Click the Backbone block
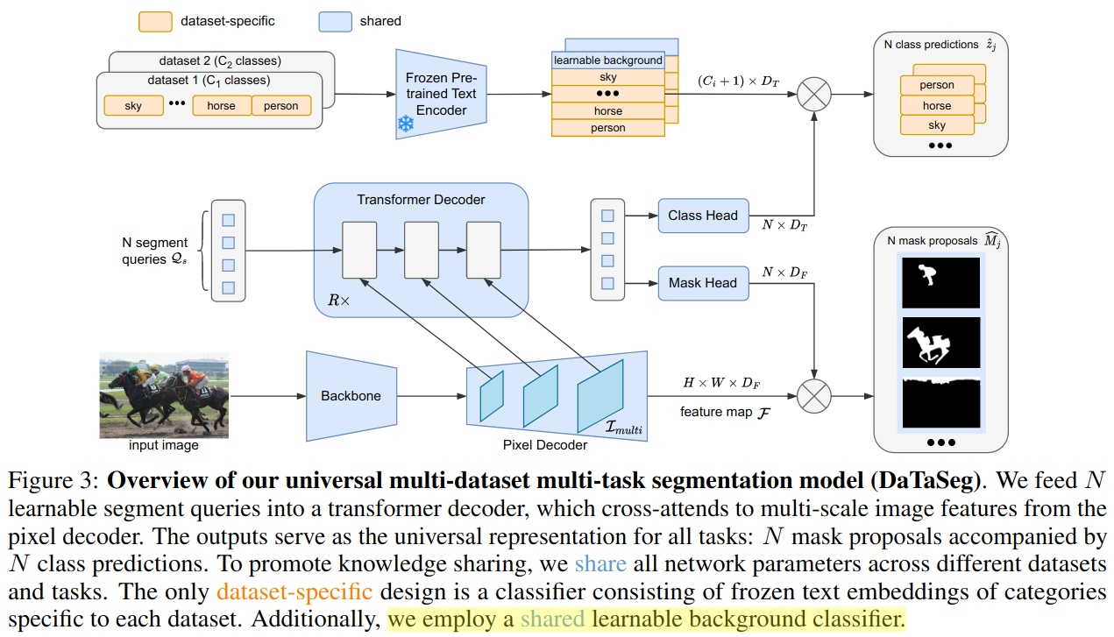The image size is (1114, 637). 351,396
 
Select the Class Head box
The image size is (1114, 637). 703,216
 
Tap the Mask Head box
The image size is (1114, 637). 703,283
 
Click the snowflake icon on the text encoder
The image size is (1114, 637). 406,124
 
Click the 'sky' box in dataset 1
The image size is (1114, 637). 133,106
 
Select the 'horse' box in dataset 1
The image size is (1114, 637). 221,106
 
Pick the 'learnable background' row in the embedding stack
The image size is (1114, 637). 607,60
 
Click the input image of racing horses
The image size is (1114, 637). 164,395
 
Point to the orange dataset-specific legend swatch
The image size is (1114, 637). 155,21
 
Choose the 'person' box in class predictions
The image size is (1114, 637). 937,85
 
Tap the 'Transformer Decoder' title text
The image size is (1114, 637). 421,200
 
